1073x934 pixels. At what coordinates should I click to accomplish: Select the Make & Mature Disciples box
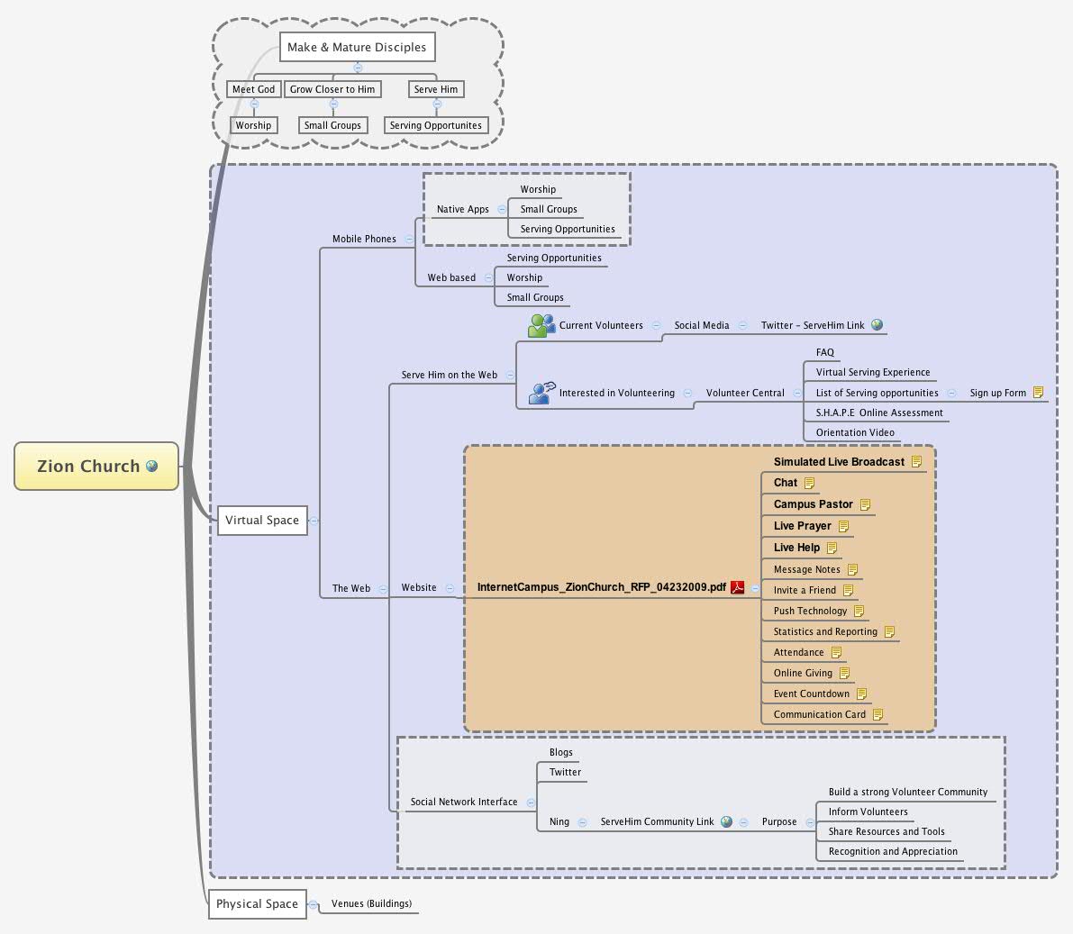coord(357,47)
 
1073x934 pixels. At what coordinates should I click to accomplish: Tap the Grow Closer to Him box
coord(332,89)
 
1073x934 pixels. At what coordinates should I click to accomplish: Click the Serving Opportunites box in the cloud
coord(436,125)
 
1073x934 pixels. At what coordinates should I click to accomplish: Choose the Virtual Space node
coord(261,520)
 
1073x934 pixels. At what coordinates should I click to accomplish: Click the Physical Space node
coord(257,903)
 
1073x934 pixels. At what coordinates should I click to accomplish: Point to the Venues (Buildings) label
coord(371,903)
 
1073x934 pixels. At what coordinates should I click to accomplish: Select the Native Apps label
coord(462,209)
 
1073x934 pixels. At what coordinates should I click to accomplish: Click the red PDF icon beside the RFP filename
coord(738,587)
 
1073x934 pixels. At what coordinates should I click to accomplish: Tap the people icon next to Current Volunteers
coord(541,325)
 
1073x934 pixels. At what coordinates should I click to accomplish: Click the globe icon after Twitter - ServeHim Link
coord(877,325)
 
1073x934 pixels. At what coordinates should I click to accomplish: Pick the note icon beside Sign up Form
coord(1038,393)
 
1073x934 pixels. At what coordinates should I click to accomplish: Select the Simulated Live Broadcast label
coord(839,462)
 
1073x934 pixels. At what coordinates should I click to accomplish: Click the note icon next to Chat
coord(809,483)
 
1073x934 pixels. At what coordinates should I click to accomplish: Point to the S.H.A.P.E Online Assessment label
coord(879,413)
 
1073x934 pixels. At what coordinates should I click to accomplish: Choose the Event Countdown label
coord(811,694)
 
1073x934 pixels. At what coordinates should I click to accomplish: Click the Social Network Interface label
coord(464,802)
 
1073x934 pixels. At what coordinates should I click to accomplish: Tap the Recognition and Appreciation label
coord(893,851)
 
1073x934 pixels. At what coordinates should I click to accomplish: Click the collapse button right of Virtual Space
coord(314,520)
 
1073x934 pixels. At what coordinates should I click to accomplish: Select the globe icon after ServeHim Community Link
coord(726,821)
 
